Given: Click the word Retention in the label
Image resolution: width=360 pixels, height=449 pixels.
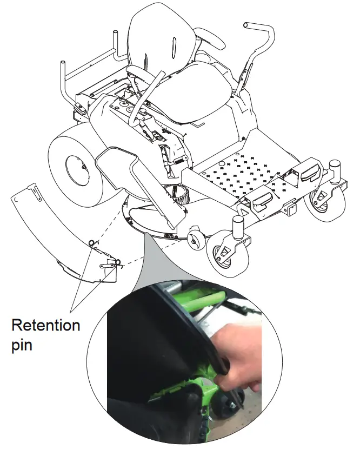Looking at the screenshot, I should [x=45, y=325].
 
